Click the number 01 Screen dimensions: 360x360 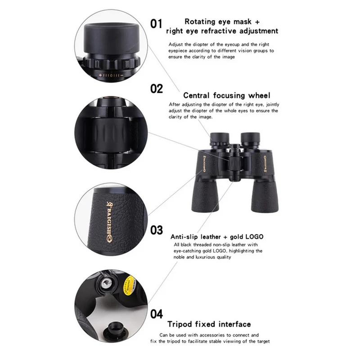[x=156, y=24]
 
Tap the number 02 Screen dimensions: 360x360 [x=157, y=89]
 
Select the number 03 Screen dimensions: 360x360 [x=157, y=230]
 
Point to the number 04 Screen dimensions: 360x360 [x=157, y=314]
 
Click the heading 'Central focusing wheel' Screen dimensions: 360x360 [x=227, y=95]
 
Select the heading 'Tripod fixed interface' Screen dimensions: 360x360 [x=209, y=324]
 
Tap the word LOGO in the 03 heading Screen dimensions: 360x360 [x=254, y=237]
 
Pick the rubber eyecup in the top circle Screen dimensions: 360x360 [x=111, y=38]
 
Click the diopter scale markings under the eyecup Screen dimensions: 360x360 [x=111, y=75]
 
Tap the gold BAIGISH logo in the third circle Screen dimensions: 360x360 [x=109, y=222]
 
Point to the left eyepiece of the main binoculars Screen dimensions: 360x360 [x=220, y=139]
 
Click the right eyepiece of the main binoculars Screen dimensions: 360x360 [x=251, y=139]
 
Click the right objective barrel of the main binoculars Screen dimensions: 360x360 [x=265, y=196]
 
